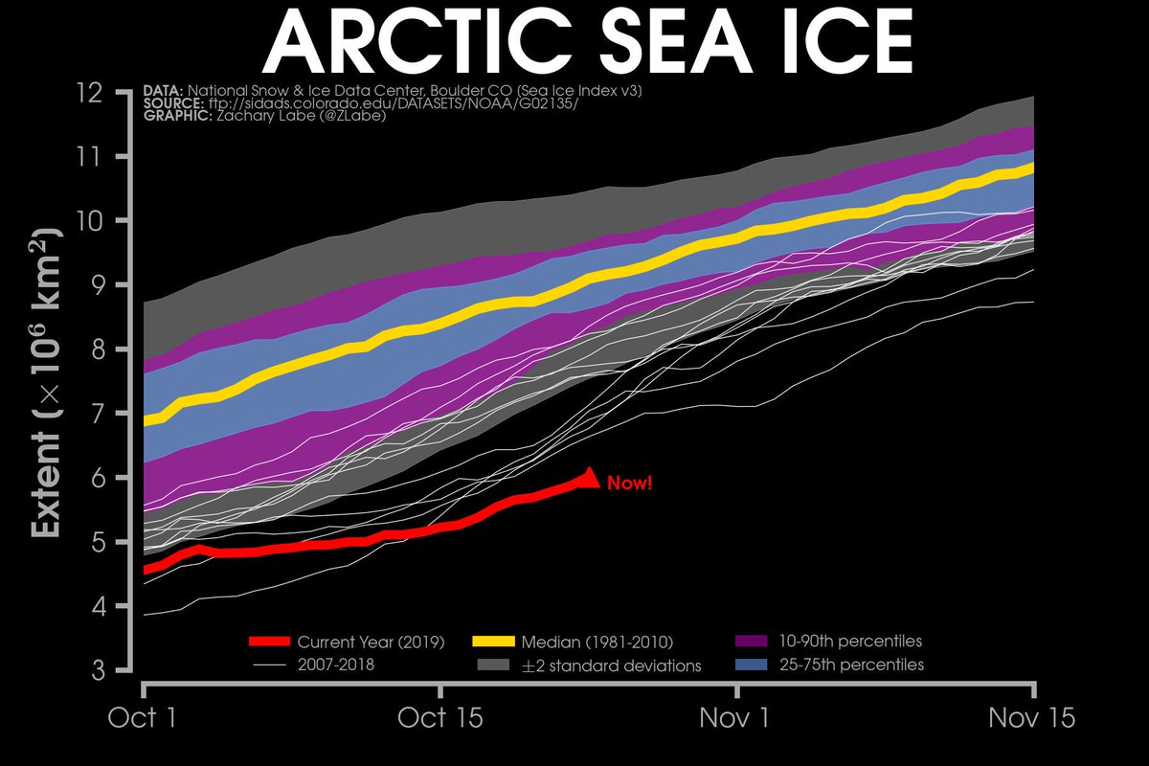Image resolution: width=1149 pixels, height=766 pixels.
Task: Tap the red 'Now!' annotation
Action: pos(629,484)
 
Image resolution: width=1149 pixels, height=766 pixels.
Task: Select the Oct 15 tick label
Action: pos(440,717)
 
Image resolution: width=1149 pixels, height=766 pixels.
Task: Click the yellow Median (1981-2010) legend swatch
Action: pos(494,642)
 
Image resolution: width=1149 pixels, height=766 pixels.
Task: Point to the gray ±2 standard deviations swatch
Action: pos(494,665)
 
